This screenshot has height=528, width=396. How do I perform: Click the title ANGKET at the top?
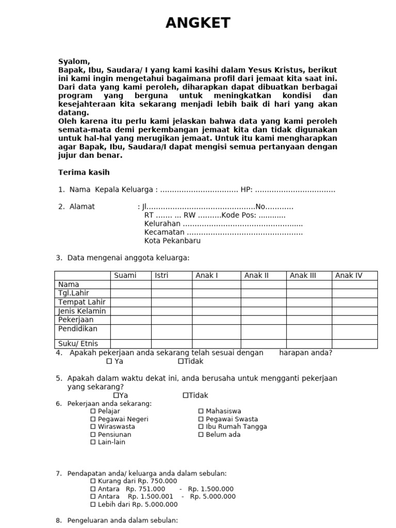coord(198,23)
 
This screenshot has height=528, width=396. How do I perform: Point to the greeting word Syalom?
coord(74,61)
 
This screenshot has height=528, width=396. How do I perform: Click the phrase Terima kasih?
coord(84,172)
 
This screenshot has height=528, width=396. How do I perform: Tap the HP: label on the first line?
coord(246,190)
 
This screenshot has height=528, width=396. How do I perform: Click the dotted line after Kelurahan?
coord(242,224)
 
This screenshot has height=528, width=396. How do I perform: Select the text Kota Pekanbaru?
coord(172,241)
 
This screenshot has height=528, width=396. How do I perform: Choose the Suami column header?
coord(125,275)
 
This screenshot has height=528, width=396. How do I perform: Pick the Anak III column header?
coord(303,275)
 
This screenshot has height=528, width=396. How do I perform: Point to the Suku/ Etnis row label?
coord(78,343)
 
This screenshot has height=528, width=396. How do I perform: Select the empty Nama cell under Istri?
coord(171,284)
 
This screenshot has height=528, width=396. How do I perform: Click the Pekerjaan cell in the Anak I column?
coord(216,320)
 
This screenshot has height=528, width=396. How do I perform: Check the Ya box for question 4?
coord(109,361)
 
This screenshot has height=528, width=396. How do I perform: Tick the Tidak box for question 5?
coord(186,395)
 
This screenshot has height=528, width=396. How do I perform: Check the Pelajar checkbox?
coord(93,411)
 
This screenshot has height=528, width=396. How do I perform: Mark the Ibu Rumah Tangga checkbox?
coord(201,427)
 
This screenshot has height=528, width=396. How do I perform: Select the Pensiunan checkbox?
coord(93,435)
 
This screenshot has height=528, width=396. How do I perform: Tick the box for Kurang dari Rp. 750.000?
coord(93,482)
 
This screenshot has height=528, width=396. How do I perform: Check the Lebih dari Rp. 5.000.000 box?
coord(93,505)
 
